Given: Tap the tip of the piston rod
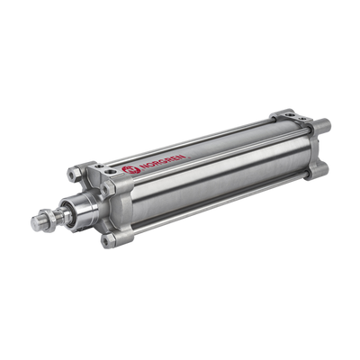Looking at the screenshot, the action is (x=35, y=221).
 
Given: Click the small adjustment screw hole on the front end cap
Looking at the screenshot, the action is (x=97, y=166).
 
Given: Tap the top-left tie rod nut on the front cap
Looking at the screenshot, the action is (x=74, y=174).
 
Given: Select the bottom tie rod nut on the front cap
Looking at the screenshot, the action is (x=108, y=240).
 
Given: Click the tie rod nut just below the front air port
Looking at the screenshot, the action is (x=107, y=189).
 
